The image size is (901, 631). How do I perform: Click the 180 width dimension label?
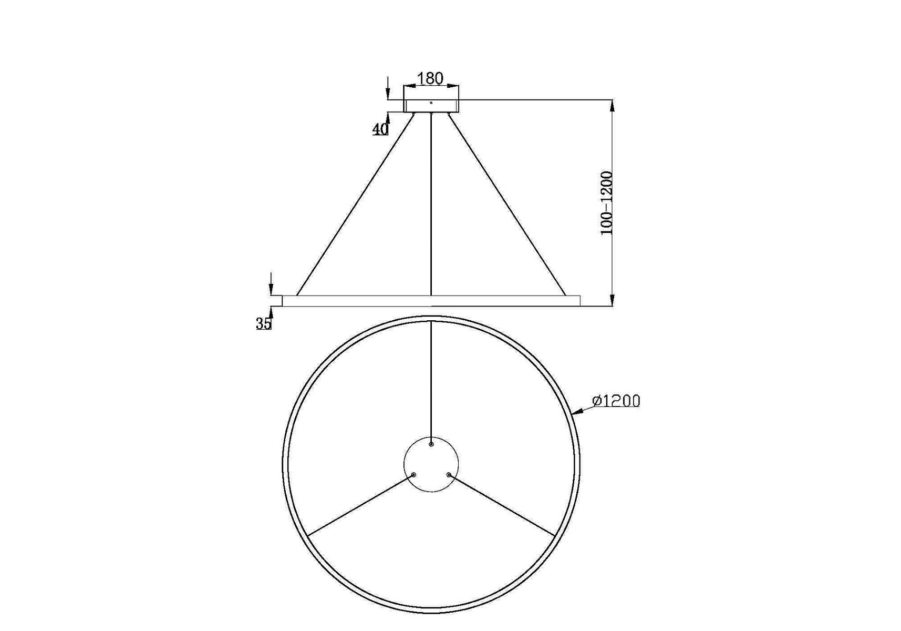(x=430, y=78)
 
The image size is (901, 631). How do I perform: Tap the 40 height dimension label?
(x=380, y=129)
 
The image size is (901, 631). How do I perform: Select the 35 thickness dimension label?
(x=264, y=324)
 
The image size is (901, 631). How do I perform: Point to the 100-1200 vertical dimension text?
(x=607, y=203)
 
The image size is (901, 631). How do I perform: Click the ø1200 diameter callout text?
(x=616, y=401)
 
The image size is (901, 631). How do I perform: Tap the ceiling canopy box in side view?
(x=431, y=106)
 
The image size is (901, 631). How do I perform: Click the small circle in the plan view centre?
(x=431, y=465)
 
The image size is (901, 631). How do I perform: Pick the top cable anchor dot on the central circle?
(x=431, y=444)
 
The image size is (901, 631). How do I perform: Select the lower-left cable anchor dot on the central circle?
(x=413, y=475)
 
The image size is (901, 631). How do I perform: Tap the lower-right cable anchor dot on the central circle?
(x=449, y=475)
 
